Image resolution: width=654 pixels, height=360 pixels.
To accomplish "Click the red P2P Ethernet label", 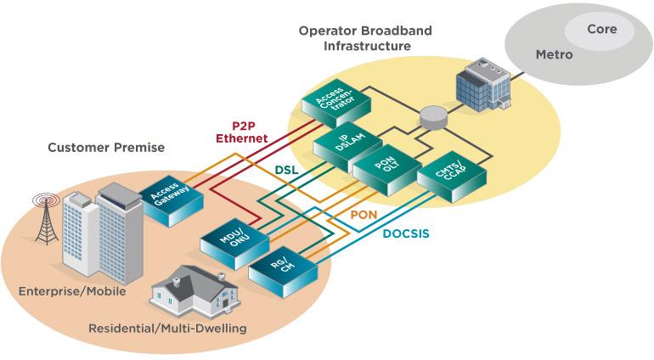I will click(x=241, y=132).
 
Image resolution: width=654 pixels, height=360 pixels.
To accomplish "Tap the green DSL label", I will click(x=285, y=171).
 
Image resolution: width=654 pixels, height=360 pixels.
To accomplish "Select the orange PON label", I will click(x=364, y=216).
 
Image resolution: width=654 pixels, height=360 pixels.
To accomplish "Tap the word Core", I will click(x=601, y=30).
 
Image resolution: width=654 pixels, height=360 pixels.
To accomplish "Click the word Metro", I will click(x=554, y=54).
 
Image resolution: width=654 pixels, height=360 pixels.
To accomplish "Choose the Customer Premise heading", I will click(x=106, y=148).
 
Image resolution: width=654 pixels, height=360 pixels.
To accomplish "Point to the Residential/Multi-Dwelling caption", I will click(x=167, y=328).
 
